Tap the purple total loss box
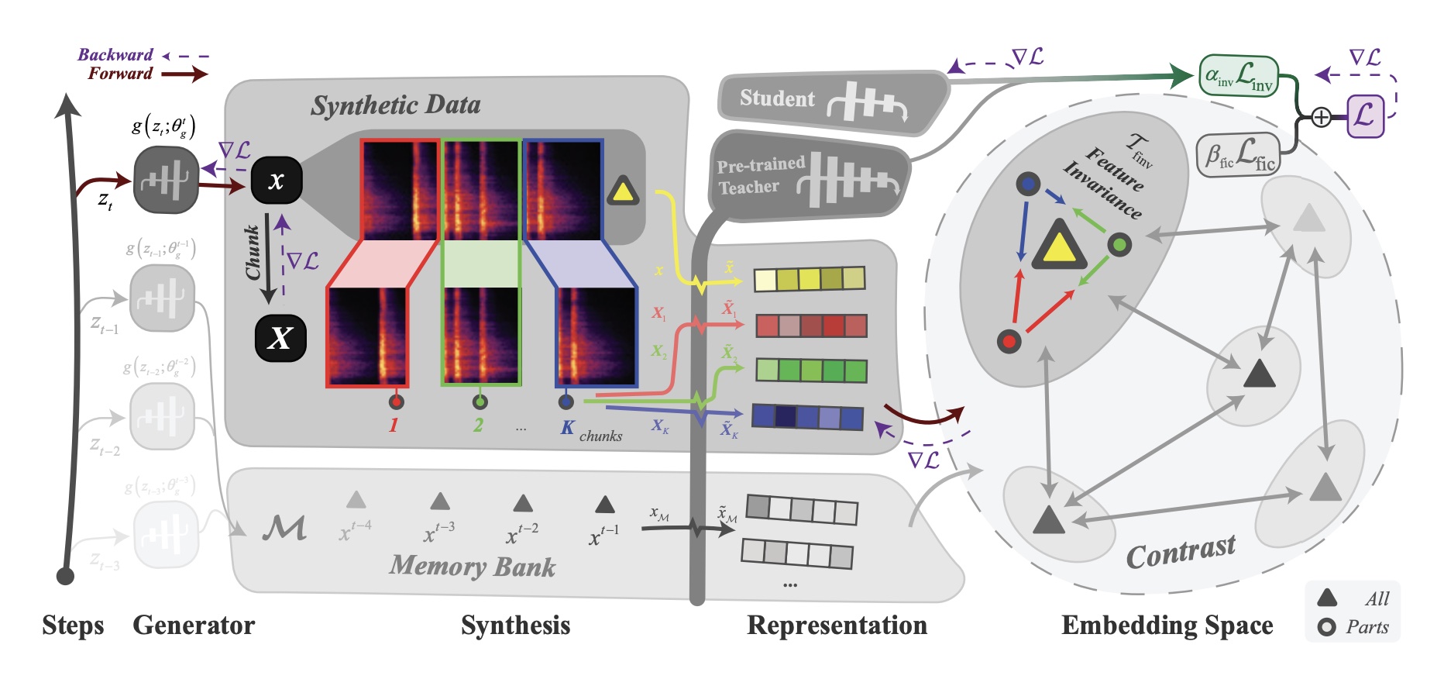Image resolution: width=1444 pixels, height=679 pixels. click(x=1365, y=116)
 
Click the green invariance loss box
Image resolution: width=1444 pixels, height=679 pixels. click(x=1238, y=76)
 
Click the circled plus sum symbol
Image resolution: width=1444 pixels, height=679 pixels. click(x=1322, y=117)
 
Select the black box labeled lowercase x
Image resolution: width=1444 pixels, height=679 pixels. click(x=277, y=181)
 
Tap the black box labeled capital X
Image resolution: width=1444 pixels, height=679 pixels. click(x=280, y=338)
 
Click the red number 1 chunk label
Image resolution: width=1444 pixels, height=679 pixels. click(x=394, y=425)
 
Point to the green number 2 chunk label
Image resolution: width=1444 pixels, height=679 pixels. click(x=478, y=425)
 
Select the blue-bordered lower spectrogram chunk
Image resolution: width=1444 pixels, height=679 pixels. click(x=596, y=336)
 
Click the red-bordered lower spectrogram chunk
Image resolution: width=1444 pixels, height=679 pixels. click(x=367, y=336)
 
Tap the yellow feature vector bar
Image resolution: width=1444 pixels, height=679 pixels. click(x=809, y=279)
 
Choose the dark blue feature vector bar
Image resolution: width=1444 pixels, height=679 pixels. click(x=807, y=417)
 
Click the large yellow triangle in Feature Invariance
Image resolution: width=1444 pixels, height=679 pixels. click(x=1059, y=243)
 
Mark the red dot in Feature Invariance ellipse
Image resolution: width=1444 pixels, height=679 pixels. click(x=1009, y=341)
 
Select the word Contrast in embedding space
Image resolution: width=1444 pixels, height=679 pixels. click(x=1181, y=552)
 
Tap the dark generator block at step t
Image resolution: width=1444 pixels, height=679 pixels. click(x=166, y=181)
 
